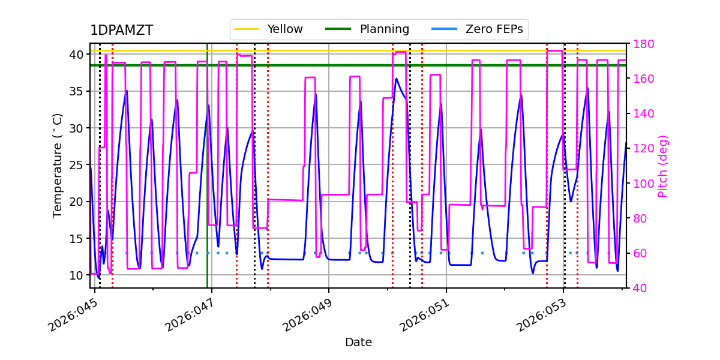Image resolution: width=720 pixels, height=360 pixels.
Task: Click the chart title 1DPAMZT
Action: pyautogui.click(x=121, y=31)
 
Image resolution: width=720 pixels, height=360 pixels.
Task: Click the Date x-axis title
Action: pyautogui.click(x=358, y=343)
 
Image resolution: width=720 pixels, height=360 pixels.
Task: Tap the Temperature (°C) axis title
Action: pyautogui.click(x=58, y=165)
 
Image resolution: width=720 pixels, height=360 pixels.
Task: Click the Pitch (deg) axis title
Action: pyautogui.click(x=663, y=166)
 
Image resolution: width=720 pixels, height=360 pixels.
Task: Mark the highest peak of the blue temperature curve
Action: pyautogui.click(x=397, y=79)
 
